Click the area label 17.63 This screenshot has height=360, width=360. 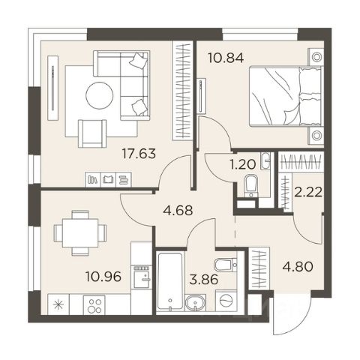point(139,154)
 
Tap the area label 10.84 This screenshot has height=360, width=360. point(226,58)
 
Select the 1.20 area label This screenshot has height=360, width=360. point(243,165)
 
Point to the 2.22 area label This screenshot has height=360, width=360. point(307,192)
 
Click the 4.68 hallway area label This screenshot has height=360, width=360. point(178,211)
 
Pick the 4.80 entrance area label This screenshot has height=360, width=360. point(298,266)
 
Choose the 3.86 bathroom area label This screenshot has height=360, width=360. point(204,279)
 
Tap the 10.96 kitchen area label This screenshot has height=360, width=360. point(103,277)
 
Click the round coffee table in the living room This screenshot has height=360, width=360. point(100,95)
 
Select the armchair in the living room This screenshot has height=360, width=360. point(92,133)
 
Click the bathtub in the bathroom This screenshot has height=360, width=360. point(170,281)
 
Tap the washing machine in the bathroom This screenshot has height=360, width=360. point(227,301)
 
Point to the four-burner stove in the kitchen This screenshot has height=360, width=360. point(94,304)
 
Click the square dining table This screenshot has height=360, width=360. point(80,233)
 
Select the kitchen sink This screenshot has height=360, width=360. point(142,277)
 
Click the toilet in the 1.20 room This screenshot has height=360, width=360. point(250,185)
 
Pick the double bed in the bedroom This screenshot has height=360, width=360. point(285,96)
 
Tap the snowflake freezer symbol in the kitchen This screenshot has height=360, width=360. point(58,304)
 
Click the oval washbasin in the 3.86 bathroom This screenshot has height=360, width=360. point(195,303)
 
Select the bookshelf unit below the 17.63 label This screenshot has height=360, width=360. point(108,179)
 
